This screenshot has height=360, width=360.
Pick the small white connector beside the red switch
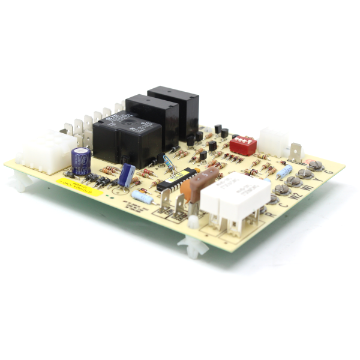point(273,142)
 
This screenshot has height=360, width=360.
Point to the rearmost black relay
point(174,108)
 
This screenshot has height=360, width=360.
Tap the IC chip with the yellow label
point(176,179)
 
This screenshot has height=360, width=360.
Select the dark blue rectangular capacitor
point(127,175)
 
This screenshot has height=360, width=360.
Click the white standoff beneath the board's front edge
point(191,245)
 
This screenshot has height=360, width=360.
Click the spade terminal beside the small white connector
point(296,152)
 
